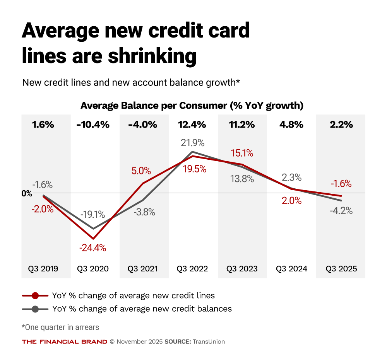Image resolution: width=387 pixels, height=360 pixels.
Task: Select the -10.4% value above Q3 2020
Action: click(x=92, y=125)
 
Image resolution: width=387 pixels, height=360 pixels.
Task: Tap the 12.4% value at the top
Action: click(x=192, y=125)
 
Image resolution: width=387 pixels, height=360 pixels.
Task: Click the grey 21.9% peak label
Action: click(x=192, y=143)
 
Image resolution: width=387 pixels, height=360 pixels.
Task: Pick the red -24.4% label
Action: click(x=92, y=248)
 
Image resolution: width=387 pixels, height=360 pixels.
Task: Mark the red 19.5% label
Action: click(x=192, y=169)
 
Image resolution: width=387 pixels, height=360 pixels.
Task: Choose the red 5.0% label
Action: click(x=142, y=171)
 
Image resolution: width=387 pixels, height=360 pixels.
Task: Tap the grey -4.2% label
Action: click(x=341, y=211)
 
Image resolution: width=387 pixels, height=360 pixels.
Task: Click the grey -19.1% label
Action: click(x=93, y=214)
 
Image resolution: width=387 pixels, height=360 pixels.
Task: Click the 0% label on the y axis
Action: click(x=27, y=193)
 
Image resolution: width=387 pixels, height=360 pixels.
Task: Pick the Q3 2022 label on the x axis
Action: click(x=192, y=269)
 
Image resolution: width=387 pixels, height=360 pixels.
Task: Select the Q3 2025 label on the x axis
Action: click(x=341, y=269)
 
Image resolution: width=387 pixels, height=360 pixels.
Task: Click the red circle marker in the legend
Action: click(x=35, y=295)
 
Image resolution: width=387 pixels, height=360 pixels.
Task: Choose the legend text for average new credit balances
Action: click(x=142, y=309)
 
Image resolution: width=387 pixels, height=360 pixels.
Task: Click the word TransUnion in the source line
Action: click(x=209, y=341)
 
